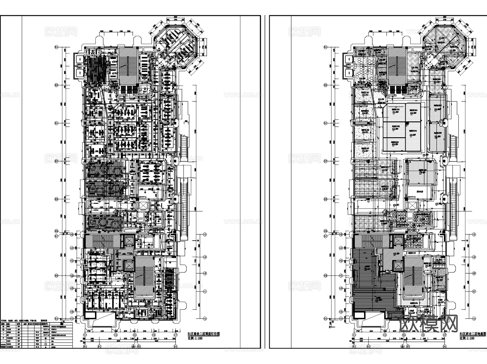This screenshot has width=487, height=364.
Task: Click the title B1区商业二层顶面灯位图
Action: click(x=203, y=334)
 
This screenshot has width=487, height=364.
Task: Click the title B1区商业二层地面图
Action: click(x=473, y=334)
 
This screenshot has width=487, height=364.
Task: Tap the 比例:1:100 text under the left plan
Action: click(x=195, y=338)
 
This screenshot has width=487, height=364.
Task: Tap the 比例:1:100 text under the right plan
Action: click(x=467, y=338)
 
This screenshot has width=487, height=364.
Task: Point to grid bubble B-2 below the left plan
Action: click(x=100, y=346)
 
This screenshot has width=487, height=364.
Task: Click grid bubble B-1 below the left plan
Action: click(x=85, y=346)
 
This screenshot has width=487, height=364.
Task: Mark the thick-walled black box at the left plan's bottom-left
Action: click(x=90, y=315)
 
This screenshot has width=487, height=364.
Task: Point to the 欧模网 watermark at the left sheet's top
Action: click(x=61, y=32)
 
